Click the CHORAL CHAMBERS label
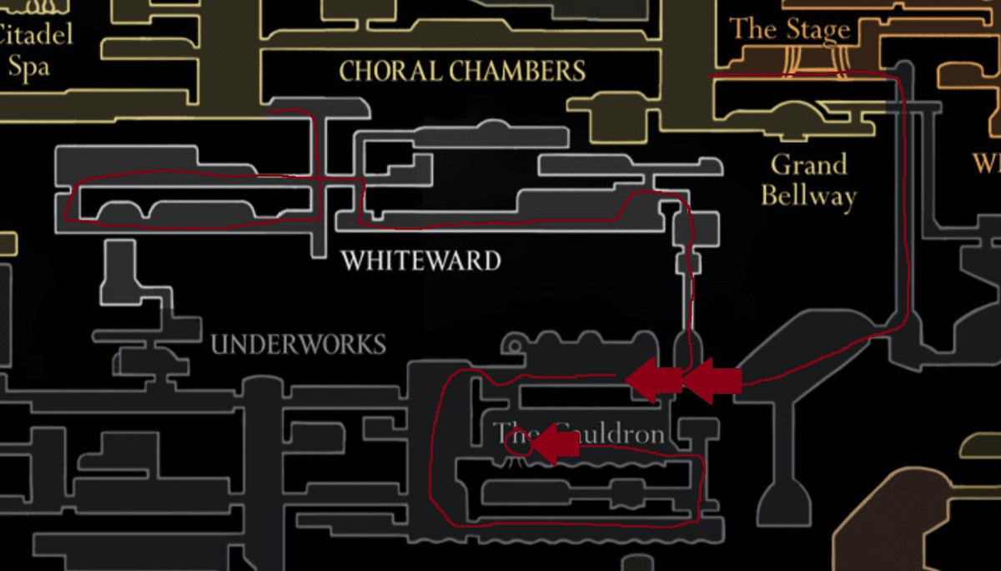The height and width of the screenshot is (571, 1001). pos(462,72)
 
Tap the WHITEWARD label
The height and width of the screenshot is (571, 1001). pos(420,261)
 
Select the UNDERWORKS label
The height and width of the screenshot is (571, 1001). pos(298,344)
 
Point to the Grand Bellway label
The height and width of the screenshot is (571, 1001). pos(808,179)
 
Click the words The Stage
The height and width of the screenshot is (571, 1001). pos(789,31)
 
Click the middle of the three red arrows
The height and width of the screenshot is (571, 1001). pos(654,381)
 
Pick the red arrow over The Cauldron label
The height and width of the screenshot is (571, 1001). pos(555,445)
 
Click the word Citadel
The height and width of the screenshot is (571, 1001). pos(35,34)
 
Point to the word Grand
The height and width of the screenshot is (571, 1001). pos(808,164)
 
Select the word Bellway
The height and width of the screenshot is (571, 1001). pos(808,196)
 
